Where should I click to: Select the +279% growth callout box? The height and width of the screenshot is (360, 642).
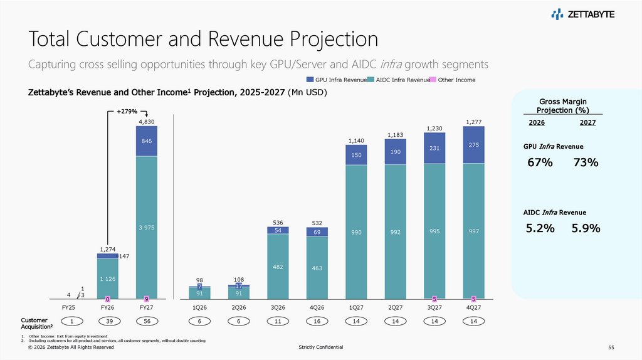coord(127,112)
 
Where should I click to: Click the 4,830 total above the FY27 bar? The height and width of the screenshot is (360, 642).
coord(146,121)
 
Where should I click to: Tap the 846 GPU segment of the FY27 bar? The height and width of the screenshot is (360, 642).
coord(146,142)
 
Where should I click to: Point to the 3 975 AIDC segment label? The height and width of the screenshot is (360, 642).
coord(146,227)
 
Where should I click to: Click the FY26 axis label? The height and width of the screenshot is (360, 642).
coord(107,308)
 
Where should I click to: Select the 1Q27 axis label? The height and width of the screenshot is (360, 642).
coord(356,308)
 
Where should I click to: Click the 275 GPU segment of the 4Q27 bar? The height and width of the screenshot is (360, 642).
coord(473,145)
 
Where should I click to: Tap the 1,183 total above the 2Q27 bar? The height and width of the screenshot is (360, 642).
coord(395,134)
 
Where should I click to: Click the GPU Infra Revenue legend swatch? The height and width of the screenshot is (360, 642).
coord(310,80)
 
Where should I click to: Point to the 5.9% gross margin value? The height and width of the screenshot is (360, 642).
coord(586,228)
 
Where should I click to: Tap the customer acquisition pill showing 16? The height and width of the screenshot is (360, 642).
coord(317,321)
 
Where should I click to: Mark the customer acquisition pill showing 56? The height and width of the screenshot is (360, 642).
coord(146,321)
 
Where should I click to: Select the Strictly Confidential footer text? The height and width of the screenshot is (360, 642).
coord(322,347)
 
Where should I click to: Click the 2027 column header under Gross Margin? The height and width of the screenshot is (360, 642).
coord(587,123)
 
